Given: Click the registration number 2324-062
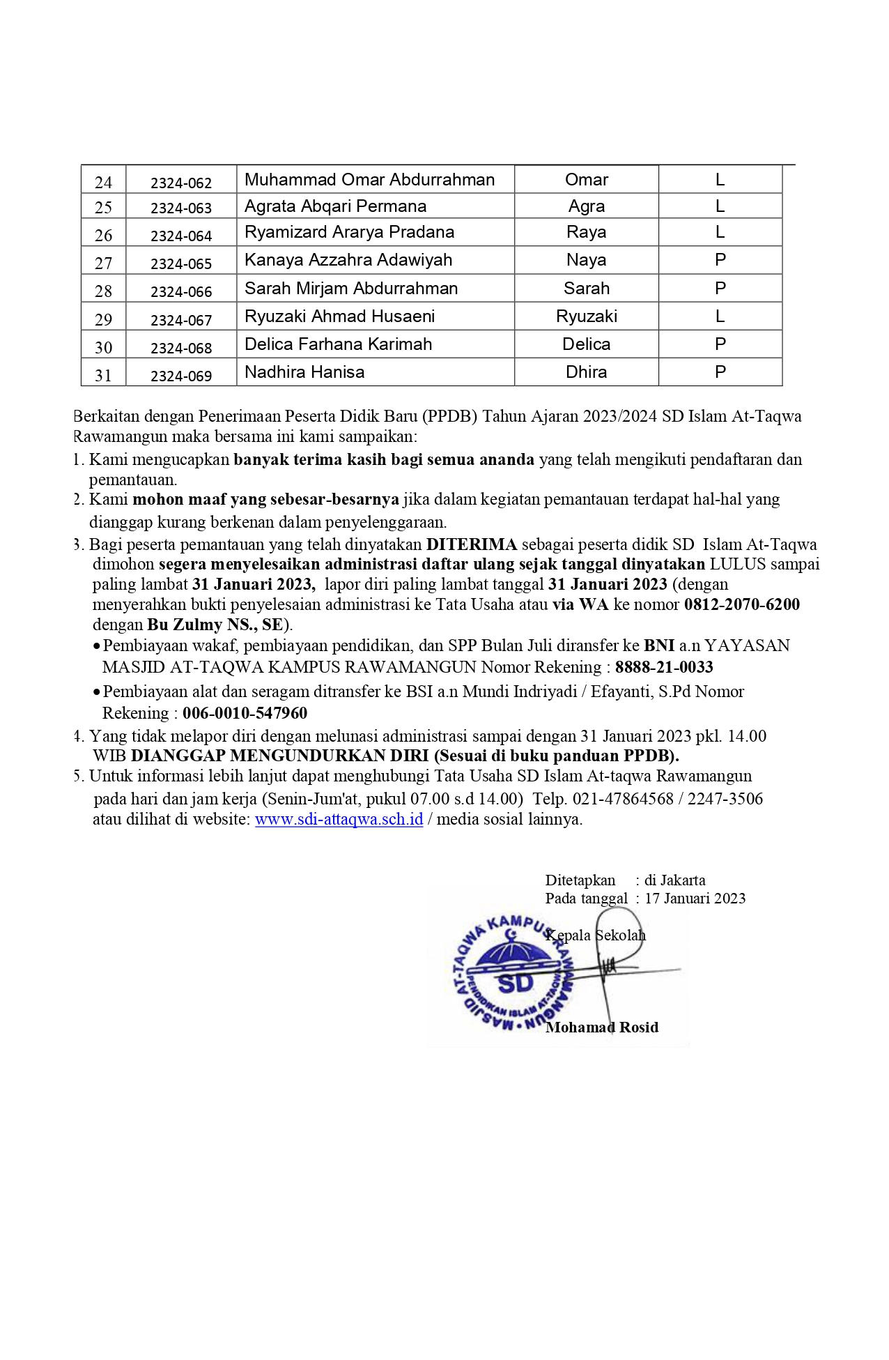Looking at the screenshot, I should [x=181, y=183].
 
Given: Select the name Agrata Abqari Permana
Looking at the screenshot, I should [x=335, y=206].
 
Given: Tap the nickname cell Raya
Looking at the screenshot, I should [x=586, y=232].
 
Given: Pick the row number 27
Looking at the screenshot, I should [x=103, y=263].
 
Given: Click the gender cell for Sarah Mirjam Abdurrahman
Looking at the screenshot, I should [x=720, y=289].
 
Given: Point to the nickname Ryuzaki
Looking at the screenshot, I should [x=586, y=316].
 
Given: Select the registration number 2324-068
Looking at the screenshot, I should [x=181, y=348].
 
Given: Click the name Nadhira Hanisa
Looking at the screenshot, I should [x=304, y=372].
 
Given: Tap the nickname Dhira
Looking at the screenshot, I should [x=586, y=372].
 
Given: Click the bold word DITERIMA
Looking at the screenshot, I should [x=472, y=544].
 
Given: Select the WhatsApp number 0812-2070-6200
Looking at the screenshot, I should [x=741, y=604].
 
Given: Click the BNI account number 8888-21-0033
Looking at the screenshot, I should [x=664, y=667].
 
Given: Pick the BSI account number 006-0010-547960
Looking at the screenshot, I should [x=245, y=713].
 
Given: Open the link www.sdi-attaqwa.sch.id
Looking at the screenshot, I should [x=339, y=819].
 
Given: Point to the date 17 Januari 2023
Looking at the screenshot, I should [x=695, y=899].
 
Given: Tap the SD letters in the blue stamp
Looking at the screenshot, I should [x=516, y=984].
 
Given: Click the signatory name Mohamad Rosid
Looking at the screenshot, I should [x=602, y=1027].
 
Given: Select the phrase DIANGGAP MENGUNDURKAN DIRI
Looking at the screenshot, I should [x=279, y=756].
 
